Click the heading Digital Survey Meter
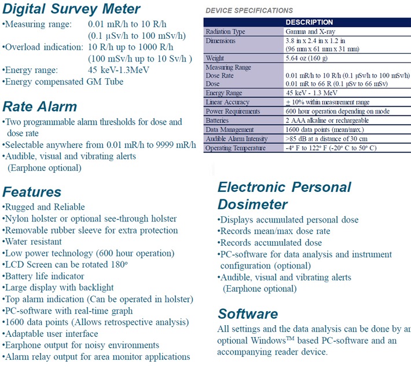(71, 9)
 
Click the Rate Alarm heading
(39, 107)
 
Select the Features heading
(32, 192)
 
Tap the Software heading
(248, 314)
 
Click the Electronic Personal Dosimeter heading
(284, 196)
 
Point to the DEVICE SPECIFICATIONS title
(249, 10)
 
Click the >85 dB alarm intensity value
(326, 139)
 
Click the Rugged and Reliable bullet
(44, 207)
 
